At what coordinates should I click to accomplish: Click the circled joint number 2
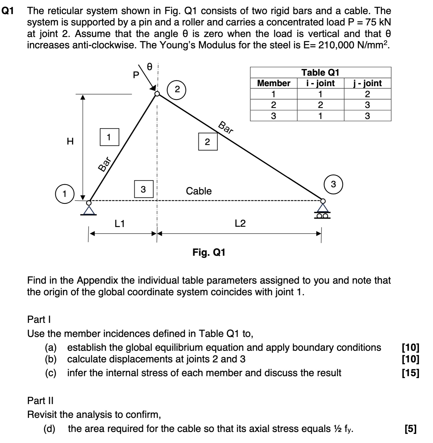click(177, 89)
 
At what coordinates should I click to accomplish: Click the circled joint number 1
click(65, 194)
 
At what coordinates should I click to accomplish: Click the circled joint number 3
click(333, 184)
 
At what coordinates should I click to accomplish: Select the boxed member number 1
click(109, 137)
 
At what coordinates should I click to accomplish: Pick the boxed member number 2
click(208, 142)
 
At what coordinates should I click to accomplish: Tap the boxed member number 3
click(143, 189)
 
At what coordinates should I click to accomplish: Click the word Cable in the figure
click(199, 191)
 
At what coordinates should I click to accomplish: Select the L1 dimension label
click(120, 223)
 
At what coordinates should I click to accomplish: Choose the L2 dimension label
click(240, 223)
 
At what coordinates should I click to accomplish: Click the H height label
click(70, 142)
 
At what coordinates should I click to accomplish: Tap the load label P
click(136, 75)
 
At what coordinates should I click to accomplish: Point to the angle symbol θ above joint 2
click(149, 67)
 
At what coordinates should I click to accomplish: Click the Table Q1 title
click(320, 73)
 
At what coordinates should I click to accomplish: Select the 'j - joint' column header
click(367, 83)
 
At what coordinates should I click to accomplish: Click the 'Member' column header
click(274, 83)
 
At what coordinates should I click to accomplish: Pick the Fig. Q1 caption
click(209, 252)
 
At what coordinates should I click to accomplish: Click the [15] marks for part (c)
click(411, 373)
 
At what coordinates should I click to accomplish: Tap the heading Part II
click(40, 400)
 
